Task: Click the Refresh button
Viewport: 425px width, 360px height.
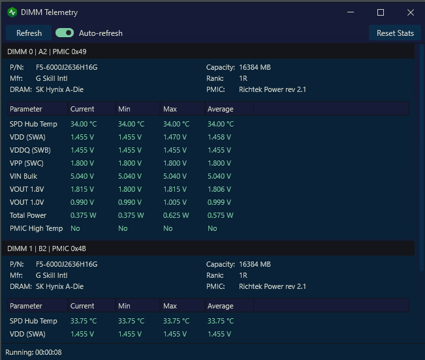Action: [29, 33]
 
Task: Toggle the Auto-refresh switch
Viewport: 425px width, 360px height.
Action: [65, 33]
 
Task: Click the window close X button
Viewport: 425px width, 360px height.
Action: [411, 12]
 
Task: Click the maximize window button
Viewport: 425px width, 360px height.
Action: [381, 12]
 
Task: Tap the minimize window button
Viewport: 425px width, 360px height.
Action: [351, 12]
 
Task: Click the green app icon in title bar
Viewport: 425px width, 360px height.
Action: [12, 12]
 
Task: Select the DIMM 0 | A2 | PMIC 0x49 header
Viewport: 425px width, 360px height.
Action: [46, 52]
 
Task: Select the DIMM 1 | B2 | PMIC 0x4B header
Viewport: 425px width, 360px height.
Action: [46, 248]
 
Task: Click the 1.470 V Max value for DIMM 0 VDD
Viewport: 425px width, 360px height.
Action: [175, 137]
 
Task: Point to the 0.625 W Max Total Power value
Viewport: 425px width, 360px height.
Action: [176, 215]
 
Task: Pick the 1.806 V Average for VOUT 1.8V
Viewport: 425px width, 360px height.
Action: [219, 189]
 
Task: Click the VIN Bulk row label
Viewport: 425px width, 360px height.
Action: [24, 176]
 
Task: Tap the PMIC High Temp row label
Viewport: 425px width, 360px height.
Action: [36, 228]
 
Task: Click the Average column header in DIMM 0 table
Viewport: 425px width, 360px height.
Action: [221, 109]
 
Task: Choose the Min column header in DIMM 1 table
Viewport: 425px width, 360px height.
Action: [124, 306]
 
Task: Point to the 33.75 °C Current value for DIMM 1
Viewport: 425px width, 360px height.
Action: [84, 321]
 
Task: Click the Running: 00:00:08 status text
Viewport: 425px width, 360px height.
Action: [33, 352]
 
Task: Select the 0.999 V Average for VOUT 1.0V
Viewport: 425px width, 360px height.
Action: [219, 202]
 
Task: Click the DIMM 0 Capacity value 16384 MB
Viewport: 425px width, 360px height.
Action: [255, 67]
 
